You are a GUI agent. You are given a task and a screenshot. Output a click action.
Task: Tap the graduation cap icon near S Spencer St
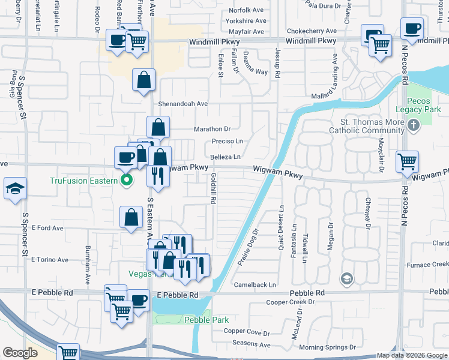14,189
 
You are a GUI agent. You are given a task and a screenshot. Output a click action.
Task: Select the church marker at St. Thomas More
413,126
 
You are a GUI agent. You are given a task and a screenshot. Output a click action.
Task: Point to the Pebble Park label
206,320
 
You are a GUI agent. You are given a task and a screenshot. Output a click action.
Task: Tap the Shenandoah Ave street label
182,104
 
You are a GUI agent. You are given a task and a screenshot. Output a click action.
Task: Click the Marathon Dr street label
212,129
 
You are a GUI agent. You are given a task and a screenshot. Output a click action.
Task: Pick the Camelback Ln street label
255,284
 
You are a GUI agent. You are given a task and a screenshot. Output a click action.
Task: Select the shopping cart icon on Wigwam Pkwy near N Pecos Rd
408,161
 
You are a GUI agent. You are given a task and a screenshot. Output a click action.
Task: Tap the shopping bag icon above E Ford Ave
131,218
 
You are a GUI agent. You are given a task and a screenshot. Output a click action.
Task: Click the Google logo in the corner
20,353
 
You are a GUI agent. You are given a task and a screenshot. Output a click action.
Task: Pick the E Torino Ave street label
50,260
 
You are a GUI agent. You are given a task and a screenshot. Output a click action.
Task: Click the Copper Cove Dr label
246,331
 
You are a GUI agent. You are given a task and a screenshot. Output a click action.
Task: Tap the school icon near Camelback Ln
346,278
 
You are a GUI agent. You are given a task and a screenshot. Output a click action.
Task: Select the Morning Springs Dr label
327,347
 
